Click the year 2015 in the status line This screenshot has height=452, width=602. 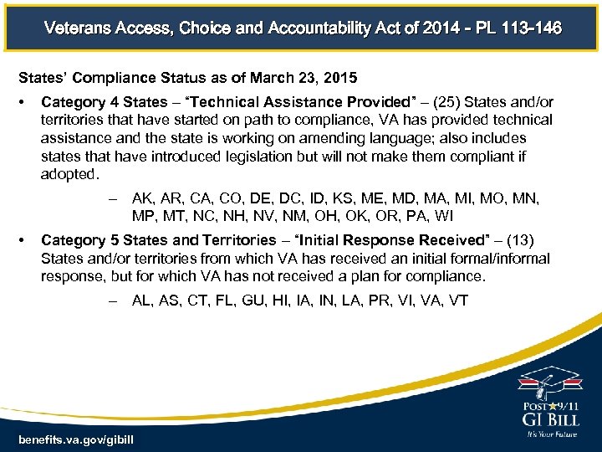pos(339,78)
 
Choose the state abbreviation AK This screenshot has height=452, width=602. pos(143,199)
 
